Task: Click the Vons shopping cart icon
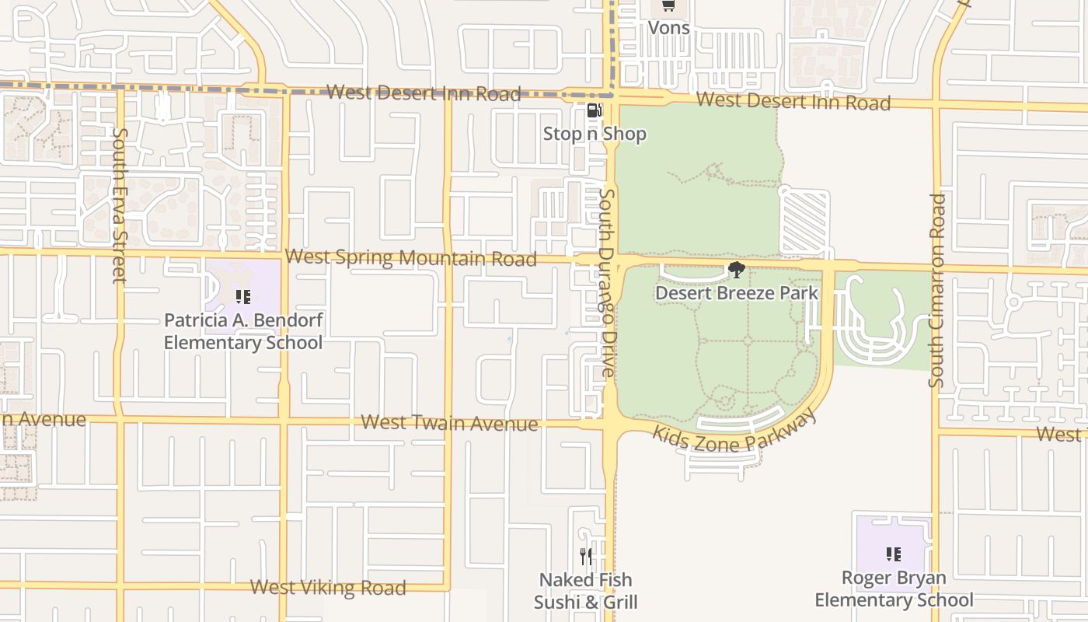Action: [x=668, y=6]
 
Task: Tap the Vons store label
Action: [x=668, y=28]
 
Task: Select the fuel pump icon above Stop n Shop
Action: [x=594, y=110]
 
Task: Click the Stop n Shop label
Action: [x=595, y=134]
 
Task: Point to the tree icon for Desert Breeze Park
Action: [x=736, y=270]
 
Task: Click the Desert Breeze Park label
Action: [x=737, y=293]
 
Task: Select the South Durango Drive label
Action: [x=608, y=283]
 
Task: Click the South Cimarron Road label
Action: [x=937, y=291]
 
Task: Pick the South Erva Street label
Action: [x=119, y=205]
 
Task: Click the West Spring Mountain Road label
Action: [x=410, y=257]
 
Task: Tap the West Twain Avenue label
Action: [x=449, y=423]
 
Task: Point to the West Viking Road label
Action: [x=328, y=587]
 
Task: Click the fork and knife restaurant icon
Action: [x=586, y=557]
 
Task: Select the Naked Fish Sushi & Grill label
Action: [x=586, y=591]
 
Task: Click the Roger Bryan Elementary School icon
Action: [x=894, y=554]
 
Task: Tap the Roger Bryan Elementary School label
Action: [x=894, y=589]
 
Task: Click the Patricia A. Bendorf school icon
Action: [x=243, y=296]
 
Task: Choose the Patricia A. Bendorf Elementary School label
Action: [x=243, y=331]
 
